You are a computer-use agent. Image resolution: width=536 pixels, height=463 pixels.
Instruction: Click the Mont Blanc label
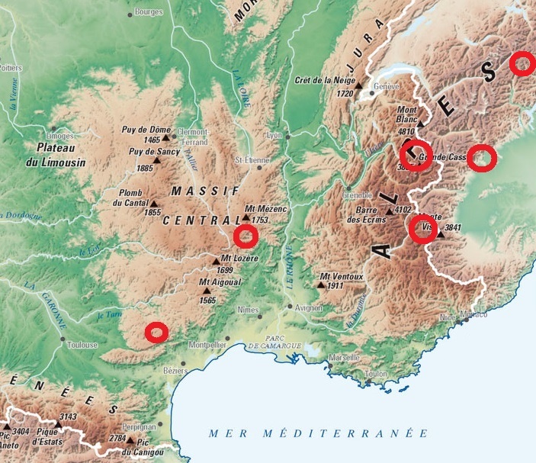tap(407, 114)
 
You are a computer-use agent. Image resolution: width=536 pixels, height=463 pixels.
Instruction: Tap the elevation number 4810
tap(408, 131)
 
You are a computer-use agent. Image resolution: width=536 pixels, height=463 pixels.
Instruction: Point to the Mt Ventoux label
tap(341, 276)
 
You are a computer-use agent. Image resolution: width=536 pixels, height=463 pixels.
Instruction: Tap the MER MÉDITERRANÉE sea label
tap(319, 433)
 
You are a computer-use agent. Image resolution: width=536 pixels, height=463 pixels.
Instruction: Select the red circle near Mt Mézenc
tap(245, 236)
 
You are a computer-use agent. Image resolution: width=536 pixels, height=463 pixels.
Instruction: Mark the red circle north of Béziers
tap(156, 332)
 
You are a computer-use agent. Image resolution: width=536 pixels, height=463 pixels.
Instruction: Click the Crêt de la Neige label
tap(324, 80)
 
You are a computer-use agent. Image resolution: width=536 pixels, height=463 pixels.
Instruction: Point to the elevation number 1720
tap(345, 93)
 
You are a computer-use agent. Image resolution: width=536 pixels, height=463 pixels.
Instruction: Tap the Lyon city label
tap(274, 135)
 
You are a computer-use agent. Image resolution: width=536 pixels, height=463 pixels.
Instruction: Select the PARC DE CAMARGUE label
tap(272, 341)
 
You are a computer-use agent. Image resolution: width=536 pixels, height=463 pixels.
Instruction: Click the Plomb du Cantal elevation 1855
tap(153, 211)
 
